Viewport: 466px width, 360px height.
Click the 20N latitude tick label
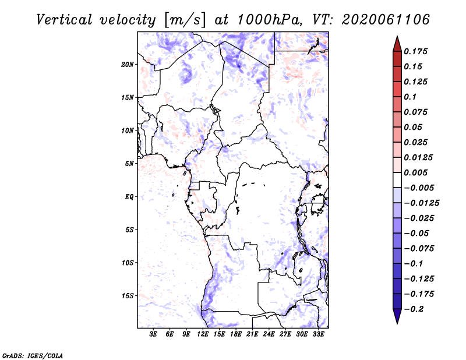(128, 65)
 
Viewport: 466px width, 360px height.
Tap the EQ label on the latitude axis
(129, 197)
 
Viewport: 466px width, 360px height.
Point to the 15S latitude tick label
(128, 296)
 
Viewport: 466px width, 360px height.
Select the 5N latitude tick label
(129, 164)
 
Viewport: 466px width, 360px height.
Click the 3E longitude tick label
(153, 334)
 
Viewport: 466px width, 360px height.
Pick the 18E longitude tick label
(236, 334)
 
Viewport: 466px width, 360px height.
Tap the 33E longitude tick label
(318, 334)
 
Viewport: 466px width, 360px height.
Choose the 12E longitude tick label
(203, 334)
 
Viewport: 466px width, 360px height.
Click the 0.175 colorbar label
(415, 51)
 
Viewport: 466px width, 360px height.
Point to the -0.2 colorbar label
(414, 309)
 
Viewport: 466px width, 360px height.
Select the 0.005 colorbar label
(415, 172)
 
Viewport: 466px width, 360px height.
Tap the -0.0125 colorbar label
(422, 203)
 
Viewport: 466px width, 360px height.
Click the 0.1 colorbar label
(410, 97)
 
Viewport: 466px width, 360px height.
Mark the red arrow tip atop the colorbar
(397, 36)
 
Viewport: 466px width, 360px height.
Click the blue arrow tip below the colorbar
(397, 324)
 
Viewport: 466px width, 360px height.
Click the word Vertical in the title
(64, 20)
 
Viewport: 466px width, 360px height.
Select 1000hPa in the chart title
(268, 20)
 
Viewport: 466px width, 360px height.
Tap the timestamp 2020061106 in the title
(386, 20)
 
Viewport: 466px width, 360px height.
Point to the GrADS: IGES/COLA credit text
(33, 355)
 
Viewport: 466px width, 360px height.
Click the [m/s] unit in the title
(185, 20)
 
